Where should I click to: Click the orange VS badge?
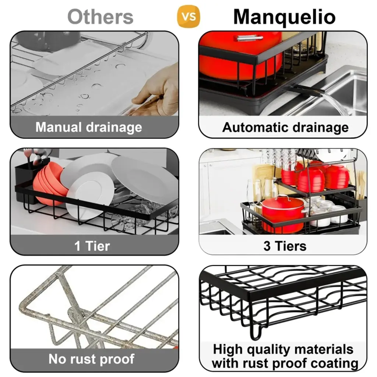[188, 16]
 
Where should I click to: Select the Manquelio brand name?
[285, 17]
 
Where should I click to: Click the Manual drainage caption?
[89, 127]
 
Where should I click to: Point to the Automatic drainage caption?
[285, 127]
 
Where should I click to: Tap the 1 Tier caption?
[92, 246]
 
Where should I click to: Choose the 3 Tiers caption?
[285, 246]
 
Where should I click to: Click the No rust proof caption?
[91, 359]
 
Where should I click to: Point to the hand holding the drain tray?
[156, 91]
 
